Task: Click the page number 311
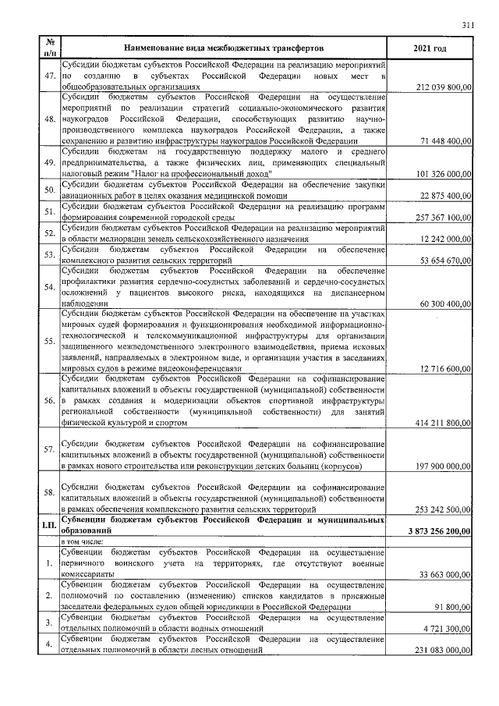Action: [468, 24]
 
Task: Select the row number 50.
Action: [48, 190]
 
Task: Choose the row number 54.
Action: [48, 286]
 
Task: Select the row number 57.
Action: [48, 449]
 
